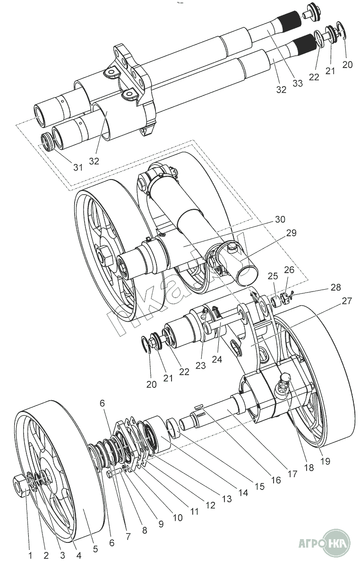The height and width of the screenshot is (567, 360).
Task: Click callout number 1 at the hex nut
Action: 30,556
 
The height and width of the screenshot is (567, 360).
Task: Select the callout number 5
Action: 95,549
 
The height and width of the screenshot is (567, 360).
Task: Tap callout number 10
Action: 178,517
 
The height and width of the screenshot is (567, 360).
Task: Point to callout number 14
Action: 243,492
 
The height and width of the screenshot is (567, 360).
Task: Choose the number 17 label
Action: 293,474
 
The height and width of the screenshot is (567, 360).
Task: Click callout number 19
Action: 325,461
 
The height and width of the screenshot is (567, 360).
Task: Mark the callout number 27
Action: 347,301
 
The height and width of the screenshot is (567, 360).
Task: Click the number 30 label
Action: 280,219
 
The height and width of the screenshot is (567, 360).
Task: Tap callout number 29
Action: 291,232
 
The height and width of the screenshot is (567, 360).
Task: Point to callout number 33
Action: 297,83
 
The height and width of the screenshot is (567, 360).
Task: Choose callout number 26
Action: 289,270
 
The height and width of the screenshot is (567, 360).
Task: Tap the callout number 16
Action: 276,480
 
